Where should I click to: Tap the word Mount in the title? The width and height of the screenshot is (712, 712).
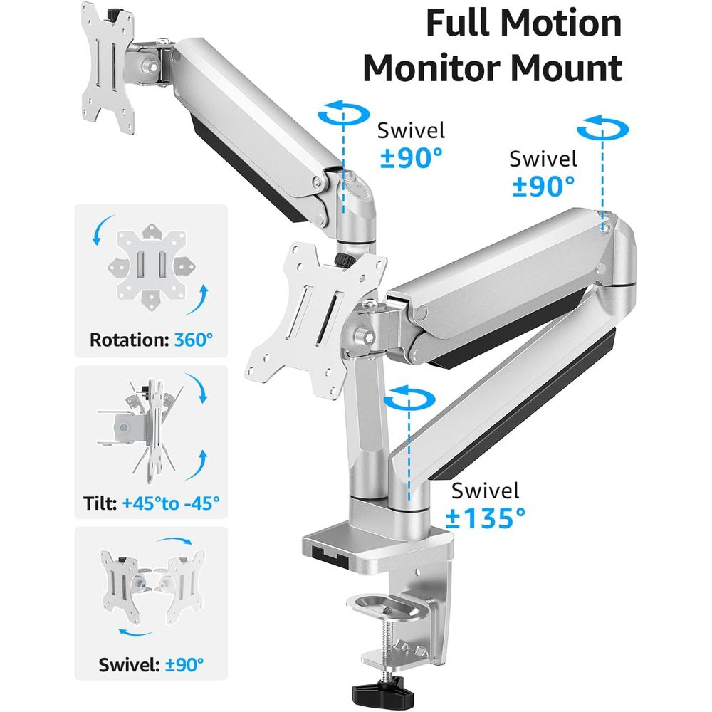pos(567,68)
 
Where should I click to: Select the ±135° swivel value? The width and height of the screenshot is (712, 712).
pos(486,518)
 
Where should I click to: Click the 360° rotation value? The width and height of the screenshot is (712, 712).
pos(194,340)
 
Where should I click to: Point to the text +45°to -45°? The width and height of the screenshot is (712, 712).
pos(171,503)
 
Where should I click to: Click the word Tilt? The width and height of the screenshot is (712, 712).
pos(100,503)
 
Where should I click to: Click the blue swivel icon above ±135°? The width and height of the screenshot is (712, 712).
pos(409,398)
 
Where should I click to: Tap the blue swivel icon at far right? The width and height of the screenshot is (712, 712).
pos(602,127)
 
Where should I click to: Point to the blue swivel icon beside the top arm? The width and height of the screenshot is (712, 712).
pos(344,112)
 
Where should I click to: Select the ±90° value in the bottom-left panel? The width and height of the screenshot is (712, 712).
pos(184,665)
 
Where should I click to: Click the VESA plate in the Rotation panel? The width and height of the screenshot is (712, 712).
pos(151,266)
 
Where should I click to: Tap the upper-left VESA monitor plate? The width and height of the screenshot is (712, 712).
pos(108,68)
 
